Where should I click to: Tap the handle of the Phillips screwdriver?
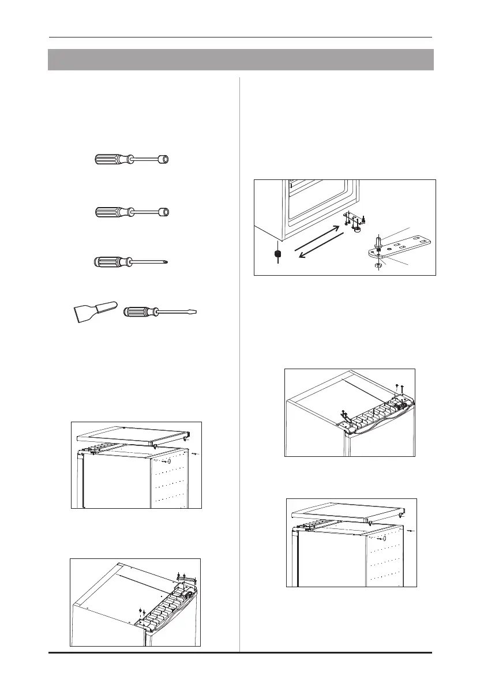(110, 262)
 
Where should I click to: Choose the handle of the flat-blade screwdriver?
(139, 313)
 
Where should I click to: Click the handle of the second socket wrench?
(110, 212)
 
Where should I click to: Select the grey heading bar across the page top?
(241, 59)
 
